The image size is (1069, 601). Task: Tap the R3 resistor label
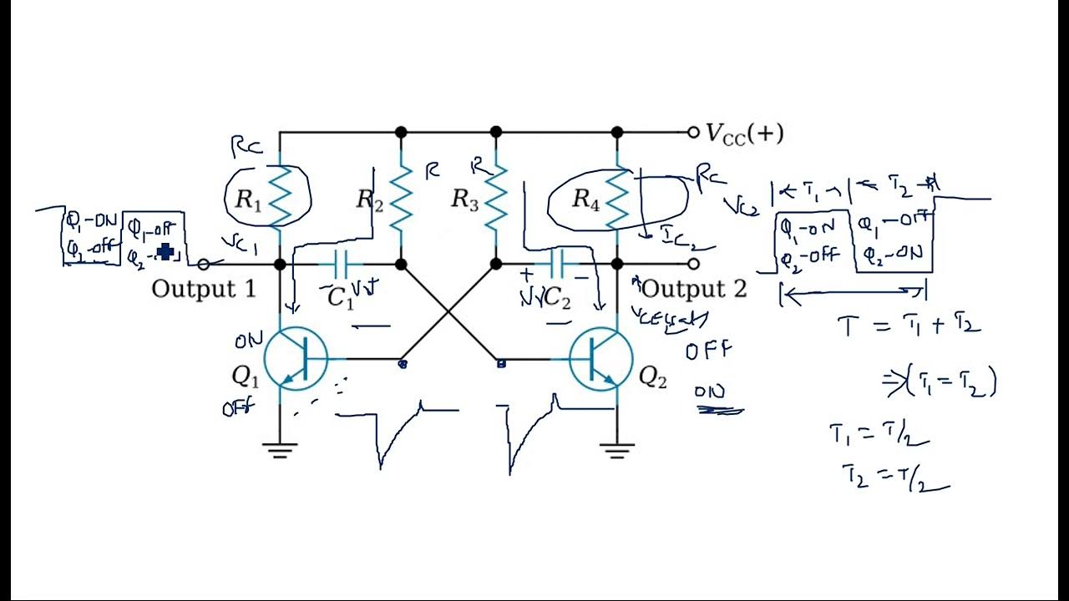465,199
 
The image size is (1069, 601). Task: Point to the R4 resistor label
585,199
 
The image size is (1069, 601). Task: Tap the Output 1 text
203,290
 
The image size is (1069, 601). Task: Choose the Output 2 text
694,290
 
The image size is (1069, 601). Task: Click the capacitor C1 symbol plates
341,265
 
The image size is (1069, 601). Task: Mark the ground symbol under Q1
280,452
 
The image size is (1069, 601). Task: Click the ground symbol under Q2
617,452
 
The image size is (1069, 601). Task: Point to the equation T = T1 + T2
909,326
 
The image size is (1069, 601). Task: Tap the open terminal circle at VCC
692,132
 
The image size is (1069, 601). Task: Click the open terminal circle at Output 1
203,264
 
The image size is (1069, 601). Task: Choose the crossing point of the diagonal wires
450,312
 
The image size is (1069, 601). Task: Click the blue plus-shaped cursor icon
165,252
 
